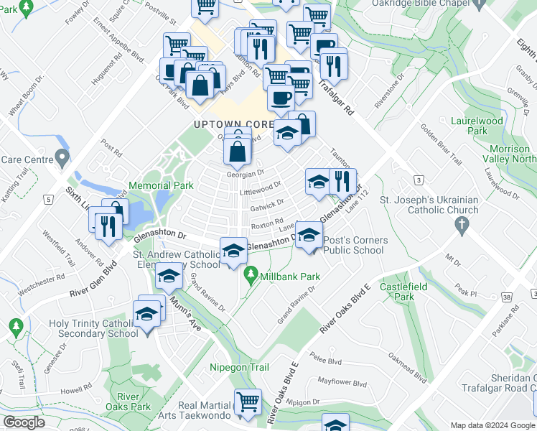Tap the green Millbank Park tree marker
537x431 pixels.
[251, 274]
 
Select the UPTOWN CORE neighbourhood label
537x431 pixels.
[233, 124]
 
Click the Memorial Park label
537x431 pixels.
[161, 185]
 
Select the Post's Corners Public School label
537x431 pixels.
[355, 245]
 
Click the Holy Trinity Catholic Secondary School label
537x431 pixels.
[93, 328]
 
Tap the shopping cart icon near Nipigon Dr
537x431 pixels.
[248, 401]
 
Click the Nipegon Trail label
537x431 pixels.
[239, 367]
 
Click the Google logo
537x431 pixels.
[24, 422]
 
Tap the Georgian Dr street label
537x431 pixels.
[246, 172]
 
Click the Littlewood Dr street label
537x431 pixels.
[260, 188]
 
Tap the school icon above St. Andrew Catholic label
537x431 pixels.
[233, 250]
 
